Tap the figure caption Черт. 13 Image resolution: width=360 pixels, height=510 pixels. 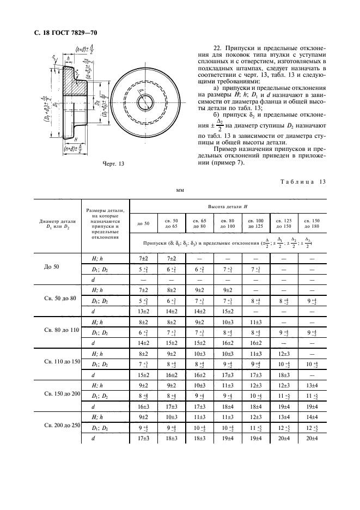[114, 162]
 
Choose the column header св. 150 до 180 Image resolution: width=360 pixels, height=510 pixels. [312, 223]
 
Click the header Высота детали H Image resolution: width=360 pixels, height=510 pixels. [228, 207]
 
